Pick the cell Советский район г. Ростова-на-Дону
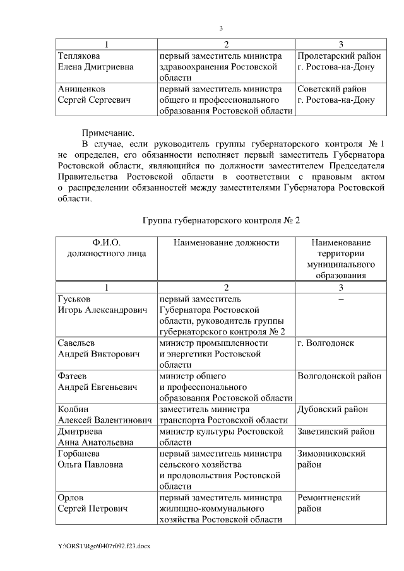[336, 95]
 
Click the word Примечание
[108, 133]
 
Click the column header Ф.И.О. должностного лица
[106, 248]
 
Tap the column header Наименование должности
[226, 243]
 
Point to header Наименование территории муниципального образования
[340, 259]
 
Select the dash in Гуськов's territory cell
[340, 298]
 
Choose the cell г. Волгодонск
[325, 343]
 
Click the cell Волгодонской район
[340, 377]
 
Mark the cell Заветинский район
[336, 432]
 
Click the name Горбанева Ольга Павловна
[90, 459]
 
